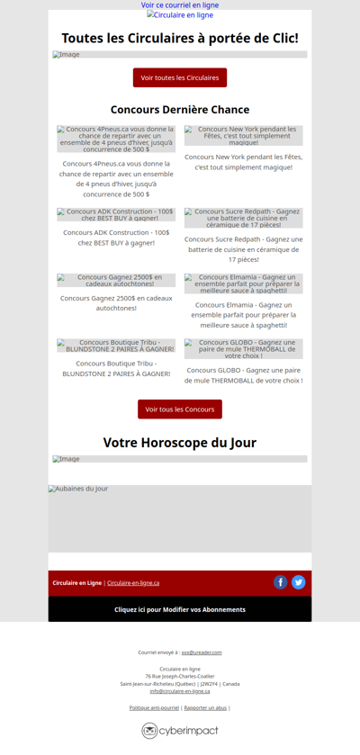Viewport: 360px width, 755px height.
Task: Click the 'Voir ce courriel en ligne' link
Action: point(180,5)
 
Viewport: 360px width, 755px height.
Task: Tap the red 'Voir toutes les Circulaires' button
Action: point(180,77)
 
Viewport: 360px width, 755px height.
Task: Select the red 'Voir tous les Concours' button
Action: point(180,409)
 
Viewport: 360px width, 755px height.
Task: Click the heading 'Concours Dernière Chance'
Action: point(180,110)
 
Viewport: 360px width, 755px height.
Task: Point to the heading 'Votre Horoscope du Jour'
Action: point(180,443)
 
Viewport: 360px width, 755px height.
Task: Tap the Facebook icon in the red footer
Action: point(281,582)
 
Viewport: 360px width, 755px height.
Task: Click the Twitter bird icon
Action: point(299,582)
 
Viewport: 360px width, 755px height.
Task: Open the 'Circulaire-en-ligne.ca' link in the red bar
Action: point(133,583)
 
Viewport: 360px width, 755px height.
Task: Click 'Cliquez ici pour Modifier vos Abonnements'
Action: point(180,609)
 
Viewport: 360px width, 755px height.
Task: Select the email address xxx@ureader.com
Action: point(202,652)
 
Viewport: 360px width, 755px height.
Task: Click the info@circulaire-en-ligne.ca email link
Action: point(180,691)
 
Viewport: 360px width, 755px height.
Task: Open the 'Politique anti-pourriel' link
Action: point(154,708)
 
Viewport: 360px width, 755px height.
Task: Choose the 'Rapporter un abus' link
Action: point(205,708)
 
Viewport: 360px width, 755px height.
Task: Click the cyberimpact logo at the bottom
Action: point(180,731)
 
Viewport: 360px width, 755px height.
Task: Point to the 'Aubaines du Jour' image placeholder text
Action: point(78,489)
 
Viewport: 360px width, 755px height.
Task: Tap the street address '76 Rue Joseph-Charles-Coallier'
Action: point(180,676)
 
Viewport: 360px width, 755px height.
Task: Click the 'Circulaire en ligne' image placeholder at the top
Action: point(180,15)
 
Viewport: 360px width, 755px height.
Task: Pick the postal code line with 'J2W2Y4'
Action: point(180,684)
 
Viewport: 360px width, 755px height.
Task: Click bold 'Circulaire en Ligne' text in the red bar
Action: point(76,583)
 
